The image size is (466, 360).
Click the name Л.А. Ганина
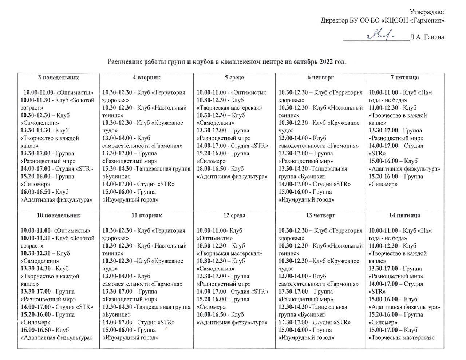(x=426, y=37)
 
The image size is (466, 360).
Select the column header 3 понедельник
(x=59, y=78)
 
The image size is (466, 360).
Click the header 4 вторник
(x=146, y=78)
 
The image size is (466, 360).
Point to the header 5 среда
(x=234, y=78)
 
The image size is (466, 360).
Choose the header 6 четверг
(x=320, y=78)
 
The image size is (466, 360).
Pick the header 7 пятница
(x=404, y=78)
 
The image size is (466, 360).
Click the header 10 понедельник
(x=59, y=215)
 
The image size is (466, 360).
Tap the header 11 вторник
(x=146, y=215)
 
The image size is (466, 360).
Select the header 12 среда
(x=234, y=215)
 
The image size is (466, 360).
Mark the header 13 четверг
(x=320, y=215)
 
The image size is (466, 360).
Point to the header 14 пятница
(x=404, y=215)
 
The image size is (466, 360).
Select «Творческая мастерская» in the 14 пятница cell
(x=402, y=338)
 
